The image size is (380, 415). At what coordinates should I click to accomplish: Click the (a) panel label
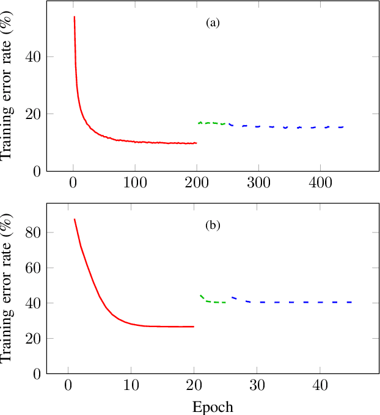213,23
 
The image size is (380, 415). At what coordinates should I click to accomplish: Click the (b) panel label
213,226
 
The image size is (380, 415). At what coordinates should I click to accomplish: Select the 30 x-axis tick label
257,386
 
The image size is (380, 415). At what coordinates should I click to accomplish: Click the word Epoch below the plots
213,406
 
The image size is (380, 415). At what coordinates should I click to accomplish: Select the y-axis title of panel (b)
8,287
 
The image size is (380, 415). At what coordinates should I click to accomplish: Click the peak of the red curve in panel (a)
75,17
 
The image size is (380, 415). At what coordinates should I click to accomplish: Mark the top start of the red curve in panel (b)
75,219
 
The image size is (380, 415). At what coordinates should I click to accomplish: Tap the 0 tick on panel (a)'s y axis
35,171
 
